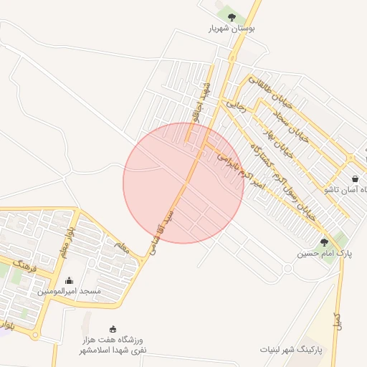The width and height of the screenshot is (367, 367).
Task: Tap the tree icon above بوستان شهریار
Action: click(x=231, y=16)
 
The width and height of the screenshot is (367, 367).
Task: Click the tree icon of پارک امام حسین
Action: click(x=324, y=243)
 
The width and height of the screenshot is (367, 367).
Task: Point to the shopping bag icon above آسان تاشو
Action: click(x=355, y=178)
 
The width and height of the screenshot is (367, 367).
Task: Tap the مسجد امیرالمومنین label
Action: click(x=69, y=292)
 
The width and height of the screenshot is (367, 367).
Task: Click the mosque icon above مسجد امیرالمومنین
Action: click(x=69, y=281)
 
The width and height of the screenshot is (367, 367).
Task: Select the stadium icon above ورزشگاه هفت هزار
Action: click(x=113, y=329)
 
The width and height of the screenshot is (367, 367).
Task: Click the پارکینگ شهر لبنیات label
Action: click(x=291, y=350)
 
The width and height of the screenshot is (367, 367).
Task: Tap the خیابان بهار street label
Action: click(x=285, y=140)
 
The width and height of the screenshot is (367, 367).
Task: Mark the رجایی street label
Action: click(x=237, y=106)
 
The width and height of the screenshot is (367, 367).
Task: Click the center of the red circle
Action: click(x=183, y=183)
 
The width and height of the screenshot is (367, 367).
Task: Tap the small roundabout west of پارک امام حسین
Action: click(x=287, y=268)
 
